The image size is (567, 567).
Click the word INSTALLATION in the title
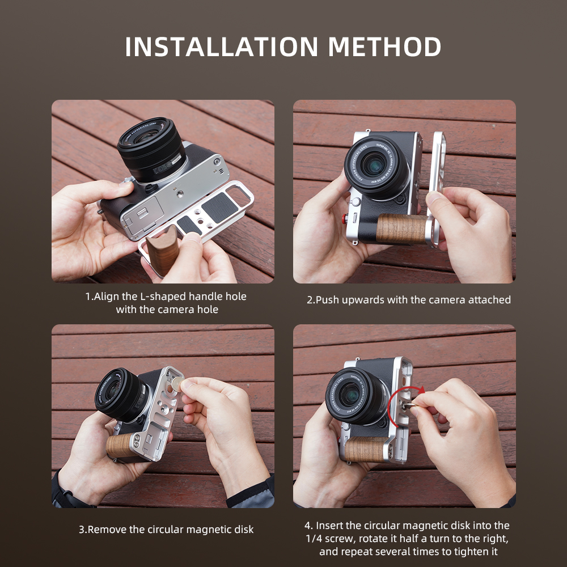coord(221,46)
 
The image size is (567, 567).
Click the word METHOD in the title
coord(384,46)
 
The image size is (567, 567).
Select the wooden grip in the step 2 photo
coord(402,229)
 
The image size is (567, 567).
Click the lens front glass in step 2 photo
coord(374,165)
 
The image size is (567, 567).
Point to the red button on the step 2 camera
coord(345,218)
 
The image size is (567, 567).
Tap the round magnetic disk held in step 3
coord(177,384)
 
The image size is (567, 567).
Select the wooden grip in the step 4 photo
coord(366,450)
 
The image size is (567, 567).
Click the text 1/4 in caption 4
coord(314,539)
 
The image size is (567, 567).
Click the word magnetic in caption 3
coord(208,530)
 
